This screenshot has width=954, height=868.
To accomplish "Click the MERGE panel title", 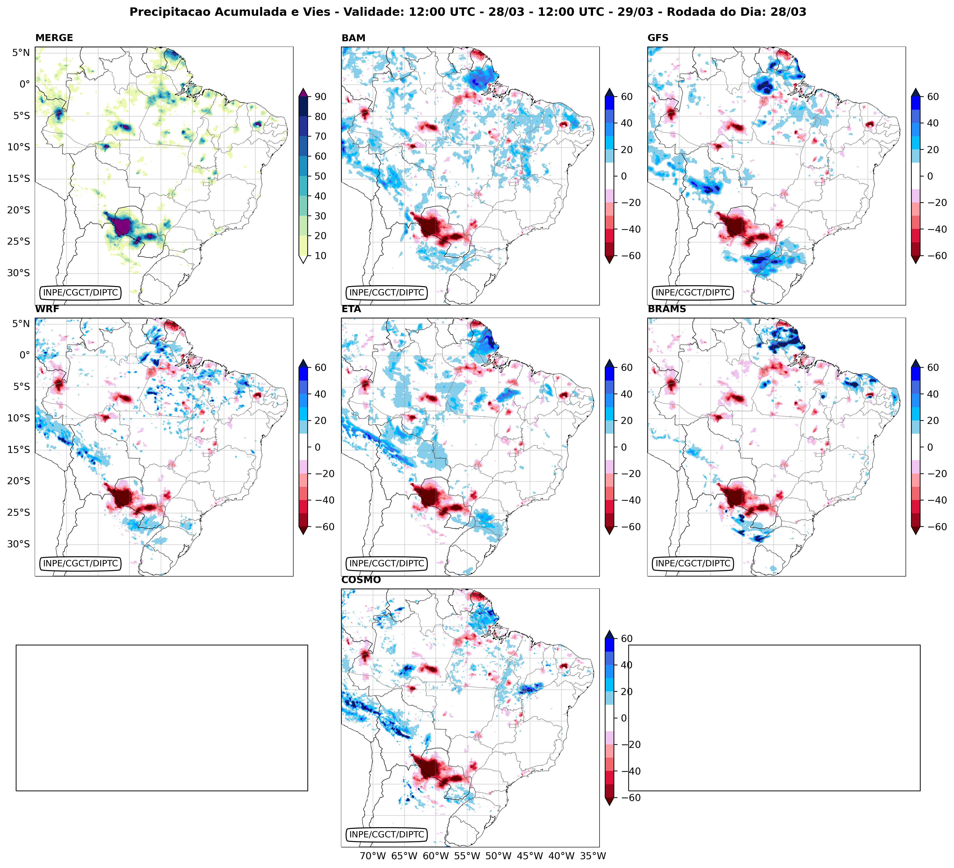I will (x=54, y=38).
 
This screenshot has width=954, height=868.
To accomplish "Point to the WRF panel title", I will (x=47, y=309).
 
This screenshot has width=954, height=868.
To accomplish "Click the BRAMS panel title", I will (x=667, y=309).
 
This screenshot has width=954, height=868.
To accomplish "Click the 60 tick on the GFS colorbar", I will (x=933, y=96).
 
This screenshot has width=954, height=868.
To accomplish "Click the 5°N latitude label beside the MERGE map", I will (x=21, y=53).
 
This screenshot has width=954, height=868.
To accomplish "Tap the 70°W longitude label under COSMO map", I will (x=373, y=856).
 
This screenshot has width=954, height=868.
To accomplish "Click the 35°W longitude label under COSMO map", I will (x=593, y=856).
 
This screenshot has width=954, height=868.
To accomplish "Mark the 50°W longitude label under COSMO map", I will (x=499, y=856).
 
